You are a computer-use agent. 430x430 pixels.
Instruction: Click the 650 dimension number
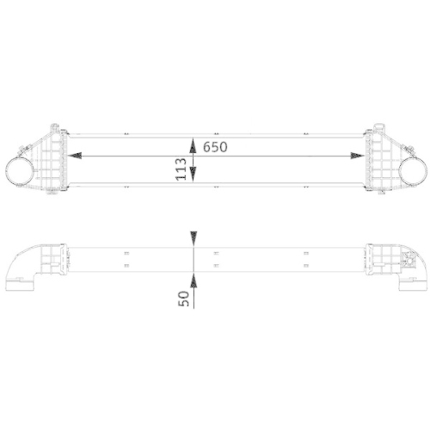tap(215, 146)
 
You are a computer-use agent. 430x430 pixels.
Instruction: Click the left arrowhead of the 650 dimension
tap(76, 156)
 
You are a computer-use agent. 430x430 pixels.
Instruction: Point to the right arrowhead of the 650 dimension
tap(356, 156)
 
